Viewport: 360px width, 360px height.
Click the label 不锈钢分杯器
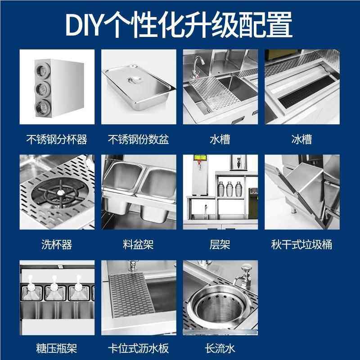point(57,139)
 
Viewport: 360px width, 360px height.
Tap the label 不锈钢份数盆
point(138,139)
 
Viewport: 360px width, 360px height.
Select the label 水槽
point(220,139)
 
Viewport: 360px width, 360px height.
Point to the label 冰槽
point(301,139)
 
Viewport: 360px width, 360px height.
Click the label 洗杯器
point(57,244)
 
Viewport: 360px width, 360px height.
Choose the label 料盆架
point(138,244)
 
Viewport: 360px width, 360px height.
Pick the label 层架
point(220,244)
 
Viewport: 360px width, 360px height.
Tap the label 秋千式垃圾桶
point(301,244)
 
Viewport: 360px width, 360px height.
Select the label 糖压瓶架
point(57,348)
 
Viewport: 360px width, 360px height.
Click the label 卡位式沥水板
point(138,348)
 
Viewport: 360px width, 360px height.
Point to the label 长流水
point(220,348)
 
